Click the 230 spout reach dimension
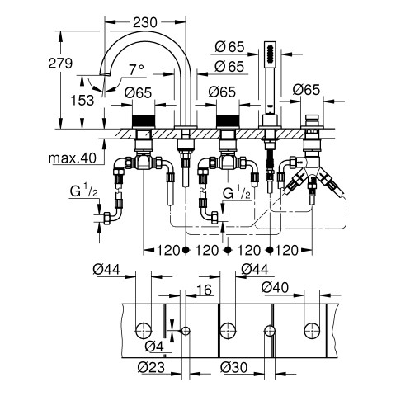(x=145, y=22)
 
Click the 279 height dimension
(x=60, y=64)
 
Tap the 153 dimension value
(x=82, y=101)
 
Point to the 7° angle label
(x=137, y=70)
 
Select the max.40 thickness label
(x=73, y=158)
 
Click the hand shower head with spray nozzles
(x=270, y=54)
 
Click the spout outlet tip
(x=105, y=74)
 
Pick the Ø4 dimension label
(x=154, y=346)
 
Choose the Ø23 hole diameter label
(x=151, y=367)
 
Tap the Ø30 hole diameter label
(x=234, y=367)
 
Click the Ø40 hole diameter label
(x=275, y=288)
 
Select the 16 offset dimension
(x=204, y=290)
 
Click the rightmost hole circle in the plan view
(x=312, y=331)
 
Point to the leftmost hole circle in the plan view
(x=144, y=331)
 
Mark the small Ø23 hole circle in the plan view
(x=186, y=331)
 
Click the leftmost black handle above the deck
(x=144, y=121)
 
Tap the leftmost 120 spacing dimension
(x=168, y=250)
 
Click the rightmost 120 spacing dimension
(x=286, y=250)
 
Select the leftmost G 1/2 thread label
(x=83, y=191)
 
